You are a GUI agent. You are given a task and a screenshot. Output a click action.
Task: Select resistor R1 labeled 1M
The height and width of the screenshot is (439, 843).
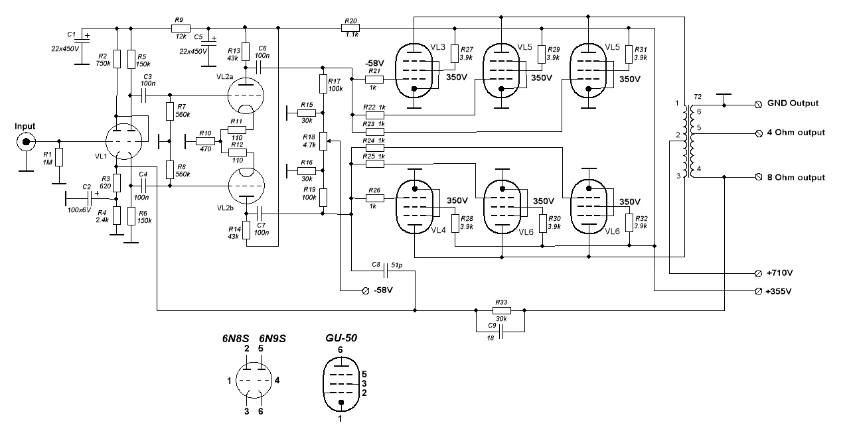pos(59,157)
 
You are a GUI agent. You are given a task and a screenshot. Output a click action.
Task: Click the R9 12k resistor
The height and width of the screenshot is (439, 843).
pos(177,28)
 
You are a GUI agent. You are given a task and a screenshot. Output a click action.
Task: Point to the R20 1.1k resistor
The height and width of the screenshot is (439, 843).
pos(351,28)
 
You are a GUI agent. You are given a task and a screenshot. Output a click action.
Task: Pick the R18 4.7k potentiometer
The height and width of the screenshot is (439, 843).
pos(323,141)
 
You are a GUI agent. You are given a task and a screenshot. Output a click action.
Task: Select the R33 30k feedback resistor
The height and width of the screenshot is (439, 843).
pos(502,310)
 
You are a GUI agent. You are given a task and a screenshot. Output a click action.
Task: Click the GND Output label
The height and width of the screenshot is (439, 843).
pos(793,103)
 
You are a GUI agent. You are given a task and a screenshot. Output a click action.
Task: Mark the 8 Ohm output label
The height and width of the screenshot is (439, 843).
pos(797,177)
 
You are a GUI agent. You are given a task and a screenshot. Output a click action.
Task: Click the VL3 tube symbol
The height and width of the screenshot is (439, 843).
pos(414,71)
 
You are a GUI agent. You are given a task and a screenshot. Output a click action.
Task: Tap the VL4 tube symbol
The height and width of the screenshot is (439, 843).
pos(414,207)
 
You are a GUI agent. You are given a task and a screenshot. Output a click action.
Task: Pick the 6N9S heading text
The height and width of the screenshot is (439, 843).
pos(273,338)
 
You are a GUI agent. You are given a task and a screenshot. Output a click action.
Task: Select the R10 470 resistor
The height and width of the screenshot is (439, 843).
pos(206,141)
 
